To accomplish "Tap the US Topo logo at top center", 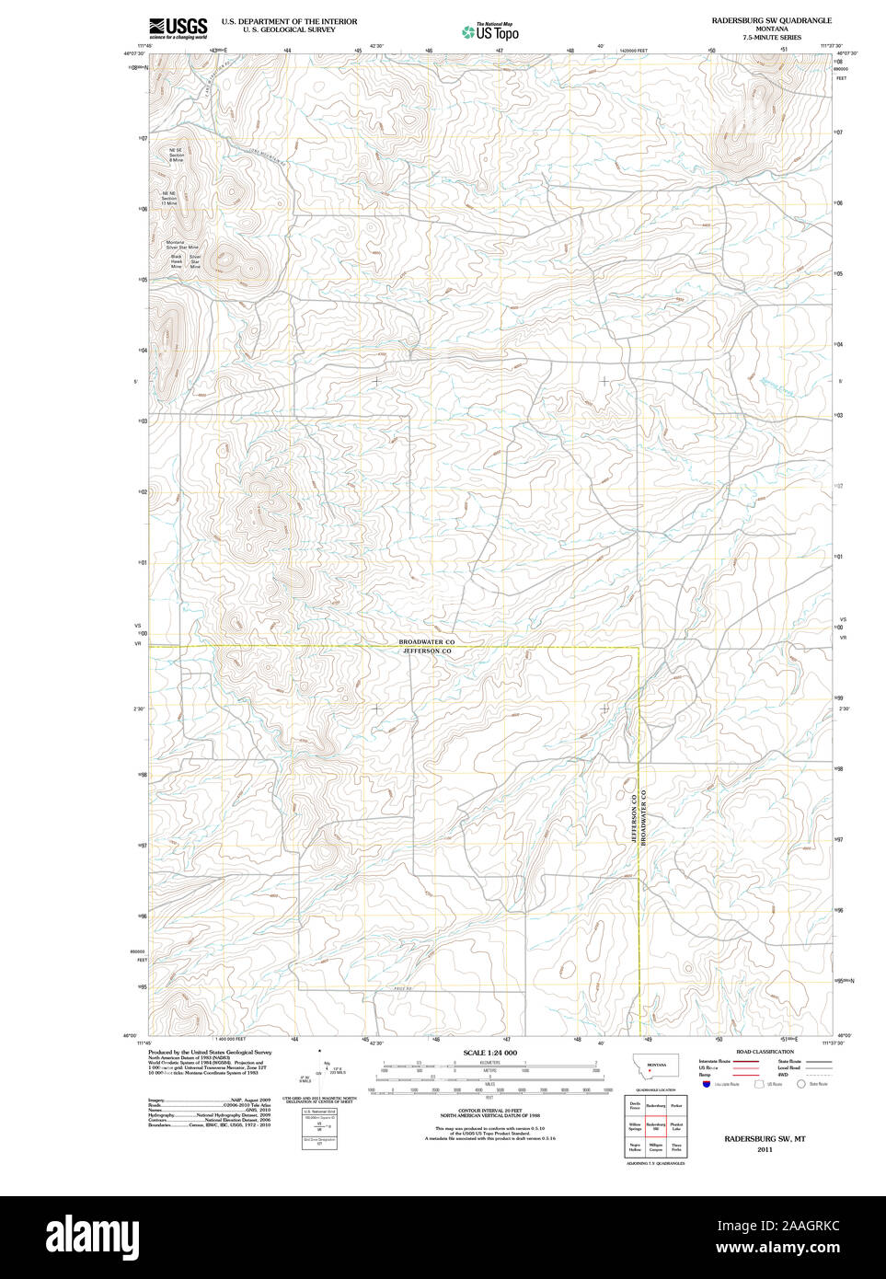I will [491, 32].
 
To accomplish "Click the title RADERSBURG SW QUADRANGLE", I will [771, 20].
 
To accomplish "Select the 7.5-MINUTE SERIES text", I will [772, 38].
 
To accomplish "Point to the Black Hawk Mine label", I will [176, 261].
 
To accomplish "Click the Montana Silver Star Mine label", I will [181, 245].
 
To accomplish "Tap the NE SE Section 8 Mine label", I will [175, 155].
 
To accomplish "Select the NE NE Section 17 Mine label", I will [169, 198].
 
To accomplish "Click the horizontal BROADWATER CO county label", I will [426, 641].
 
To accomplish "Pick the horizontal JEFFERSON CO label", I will [427, 651].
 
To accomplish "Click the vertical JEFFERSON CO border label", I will [634, 818].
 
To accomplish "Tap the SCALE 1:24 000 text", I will [489, 1053].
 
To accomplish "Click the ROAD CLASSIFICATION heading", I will [765, 1052].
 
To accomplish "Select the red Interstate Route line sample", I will [746, 1062].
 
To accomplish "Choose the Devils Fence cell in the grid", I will [634, 1106].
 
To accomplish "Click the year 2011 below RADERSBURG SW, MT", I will [765, 1149].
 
